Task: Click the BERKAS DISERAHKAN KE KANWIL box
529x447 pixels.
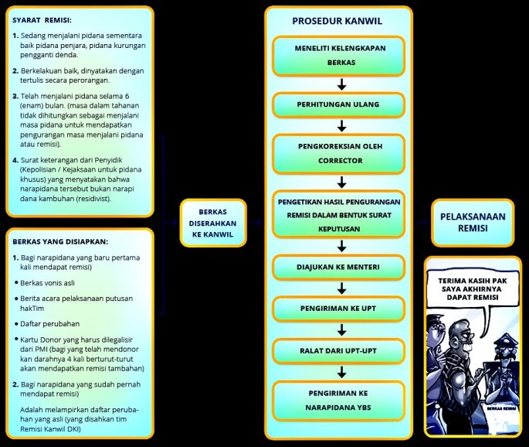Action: [x=212, y=223]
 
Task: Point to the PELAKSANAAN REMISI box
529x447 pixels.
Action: [x=472, y=223]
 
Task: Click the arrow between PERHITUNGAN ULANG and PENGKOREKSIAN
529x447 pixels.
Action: [x=341, y=125]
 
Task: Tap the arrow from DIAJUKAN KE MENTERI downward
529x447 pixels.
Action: [x=341, y=288]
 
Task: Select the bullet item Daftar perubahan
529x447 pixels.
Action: [x=57, y=322]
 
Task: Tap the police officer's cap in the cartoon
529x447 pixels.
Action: [x=504, y=340]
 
